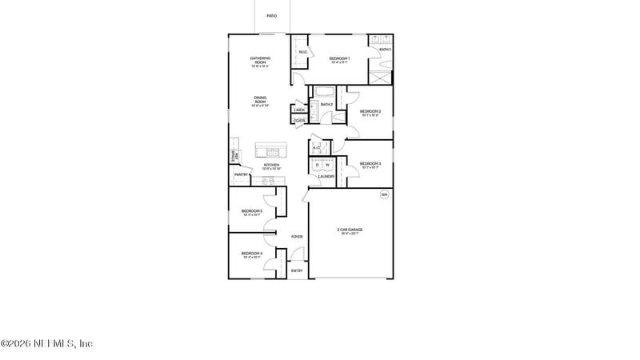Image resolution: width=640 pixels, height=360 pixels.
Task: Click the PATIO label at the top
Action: [271, 15]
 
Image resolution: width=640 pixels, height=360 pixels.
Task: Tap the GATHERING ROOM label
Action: [260, 58]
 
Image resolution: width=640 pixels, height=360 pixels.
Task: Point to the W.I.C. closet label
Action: [303, 53]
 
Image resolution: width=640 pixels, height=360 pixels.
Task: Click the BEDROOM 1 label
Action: [340, 58]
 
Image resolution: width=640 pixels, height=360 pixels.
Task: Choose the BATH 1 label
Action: [386, 50]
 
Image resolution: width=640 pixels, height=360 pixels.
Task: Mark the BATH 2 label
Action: [326, 104]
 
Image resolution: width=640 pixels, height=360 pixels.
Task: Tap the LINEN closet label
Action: [299, 110]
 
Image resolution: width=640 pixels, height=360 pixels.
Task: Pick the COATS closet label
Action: [299, 121]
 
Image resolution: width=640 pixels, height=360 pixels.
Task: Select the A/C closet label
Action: [316, 148]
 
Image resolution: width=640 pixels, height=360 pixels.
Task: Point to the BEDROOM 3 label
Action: [370, 164]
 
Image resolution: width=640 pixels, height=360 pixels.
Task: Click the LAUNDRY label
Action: [326, 176]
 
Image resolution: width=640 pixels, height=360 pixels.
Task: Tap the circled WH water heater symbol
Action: [384, 194]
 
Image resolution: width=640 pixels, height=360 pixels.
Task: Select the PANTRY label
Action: [240, 174]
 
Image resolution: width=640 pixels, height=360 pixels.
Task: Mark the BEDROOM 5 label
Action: [252, 212]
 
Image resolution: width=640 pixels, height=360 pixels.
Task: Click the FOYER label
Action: [297, 237]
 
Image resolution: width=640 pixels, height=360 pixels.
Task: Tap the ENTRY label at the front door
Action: [297, 270]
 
